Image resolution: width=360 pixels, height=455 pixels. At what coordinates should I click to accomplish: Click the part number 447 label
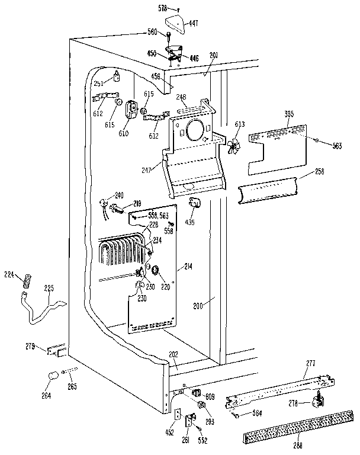point(193,24)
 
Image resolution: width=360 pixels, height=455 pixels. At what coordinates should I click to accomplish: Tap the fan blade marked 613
point(235,146)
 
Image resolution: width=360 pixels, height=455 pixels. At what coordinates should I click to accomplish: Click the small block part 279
point(58,351)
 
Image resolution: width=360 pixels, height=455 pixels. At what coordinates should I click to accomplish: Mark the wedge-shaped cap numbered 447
point(175,24)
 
